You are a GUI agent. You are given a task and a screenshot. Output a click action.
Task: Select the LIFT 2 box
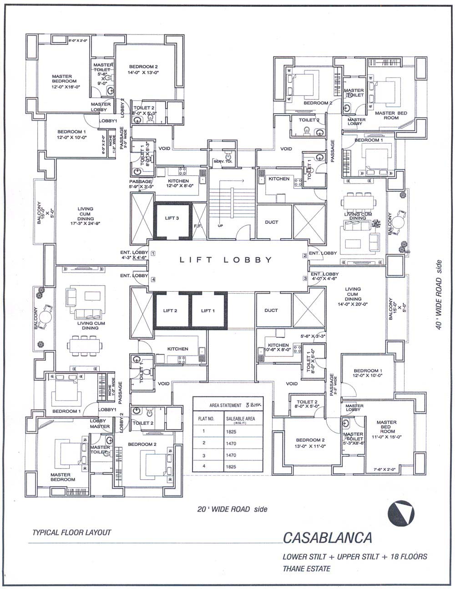coord(170,310)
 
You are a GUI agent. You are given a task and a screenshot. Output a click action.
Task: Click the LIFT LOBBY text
coord(226,260)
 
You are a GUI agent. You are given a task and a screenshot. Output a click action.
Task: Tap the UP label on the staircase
coord(221,225)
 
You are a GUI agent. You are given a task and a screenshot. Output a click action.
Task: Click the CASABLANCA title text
coord(327,538)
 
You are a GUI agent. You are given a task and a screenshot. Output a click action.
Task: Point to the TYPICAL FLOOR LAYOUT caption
coord(71,532)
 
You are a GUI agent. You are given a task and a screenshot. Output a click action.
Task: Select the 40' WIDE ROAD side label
coord(439,295)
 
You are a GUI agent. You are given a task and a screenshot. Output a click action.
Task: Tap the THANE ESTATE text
coord(306,568)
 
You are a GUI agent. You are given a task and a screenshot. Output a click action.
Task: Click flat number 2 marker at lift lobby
coord(305,255)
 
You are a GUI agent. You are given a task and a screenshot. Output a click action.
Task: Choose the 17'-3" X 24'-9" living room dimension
coord(85,224)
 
